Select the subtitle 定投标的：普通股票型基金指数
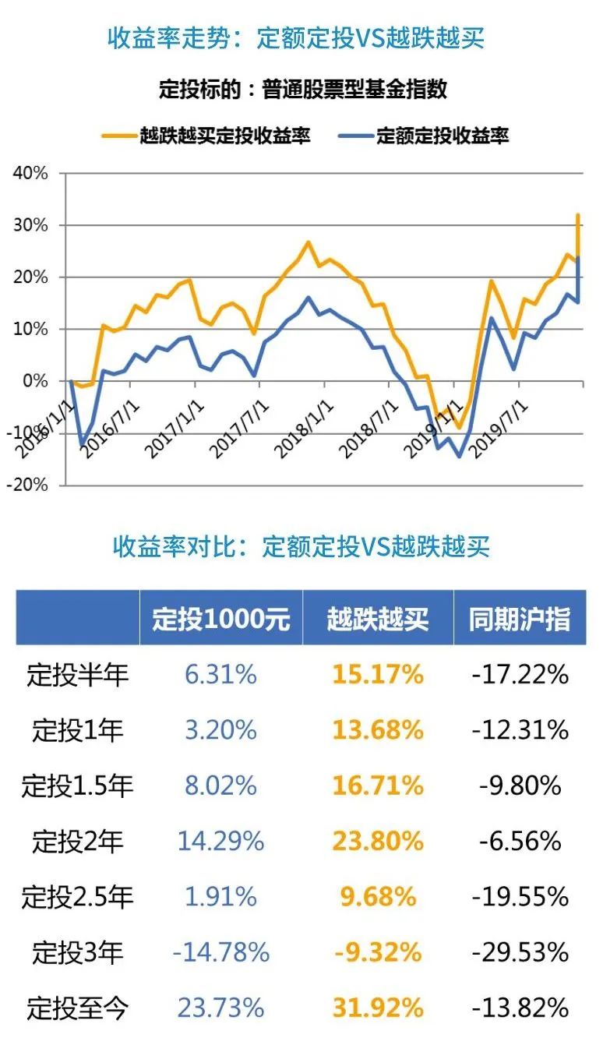(x=302, y=88)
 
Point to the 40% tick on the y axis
(x=30, y=173)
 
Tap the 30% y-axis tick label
(x=30, y=225)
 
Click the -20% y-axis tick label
(x=29, y=485)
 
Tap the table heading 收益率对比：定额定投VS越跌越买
(x=301, y=546)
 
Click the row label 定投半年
(x=77, y=675)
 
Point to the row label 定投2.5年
(x=77, y=897)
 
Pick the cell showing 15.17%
(x=378, y=675)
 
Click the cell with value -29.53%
(x=520, y=952)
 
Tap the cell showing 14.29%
(x=220, y=842)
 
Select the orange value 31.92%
(x=378, y=1008)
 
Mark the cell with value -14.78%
(x=220, y=952)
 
